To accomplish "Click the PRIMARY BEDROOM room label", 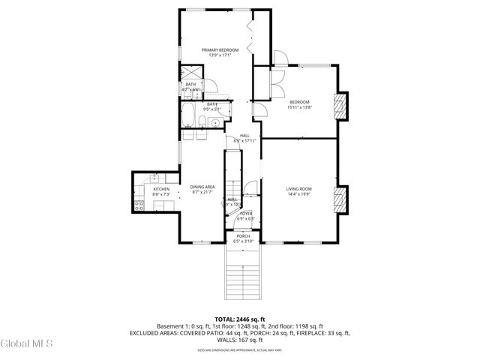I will click(x=214, y=49).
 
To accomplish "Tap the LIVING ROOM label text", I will click(x=299, y=189).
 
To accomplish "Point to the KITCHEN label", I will click(x=161, y=189).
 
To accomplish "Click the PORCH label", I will click(x=243, y=236).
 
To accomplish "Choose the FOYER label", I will click(x=246, y=214).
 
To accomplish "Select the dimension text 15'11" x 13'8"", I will click(x=299, y=107).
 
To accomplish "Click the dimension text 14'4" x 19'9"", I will click(x=299, y=194).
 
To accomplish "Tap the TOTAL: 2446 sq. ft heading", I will click(x=239, y=319).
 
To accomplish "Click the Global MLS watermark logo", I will click(x=27, y=343).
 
